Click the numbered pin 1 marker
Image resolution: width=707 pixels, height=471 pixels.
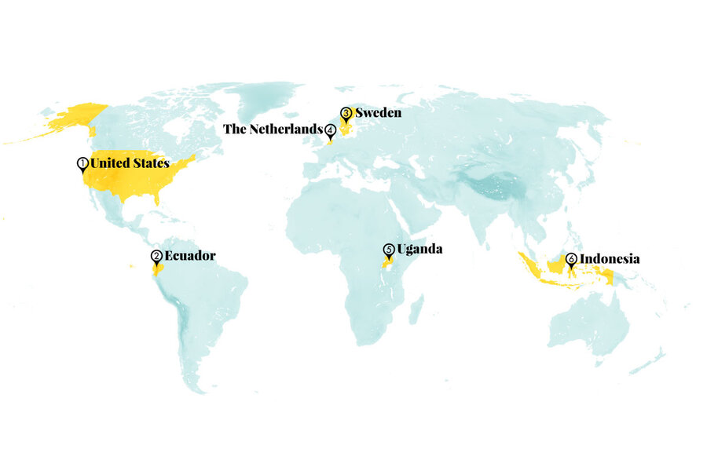(x=82, y=164)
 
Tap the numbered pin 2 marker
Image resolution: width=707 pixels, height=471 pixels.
(x=156, y=257)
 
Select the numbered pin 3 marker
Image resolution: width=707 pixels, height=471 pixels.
(x=346, y=114)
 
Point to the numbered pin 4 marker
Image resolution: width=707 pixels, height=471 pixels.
(x=331, y=130)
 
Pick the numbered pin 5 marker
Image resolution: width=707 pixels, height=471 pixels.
(x=388, y=250)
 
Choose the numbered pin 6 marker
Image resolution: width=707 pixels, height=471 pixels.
(x=571, y=259)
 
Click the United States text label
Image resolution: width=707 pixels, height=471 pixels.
(x=130, y=163)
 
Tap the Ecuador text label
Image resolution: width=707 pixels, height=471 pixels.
(x=189, y=255)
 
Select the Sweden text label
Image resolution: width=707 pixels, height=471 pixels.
(x=379, y=113)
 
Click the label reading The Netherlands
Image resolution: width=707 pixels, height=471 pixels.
(x=273, y=130)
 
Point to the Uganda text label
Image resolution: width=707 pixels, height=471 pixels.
(x=419, y=250)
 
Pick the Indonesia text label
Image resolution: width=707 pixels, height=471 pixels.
(x=610, y=258)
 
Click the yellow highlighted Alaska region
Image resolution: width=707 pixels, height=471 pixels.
(x=75, y=118)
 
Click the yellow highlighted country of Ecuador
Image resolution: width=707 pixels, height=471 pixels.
(x=157, y=269)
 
